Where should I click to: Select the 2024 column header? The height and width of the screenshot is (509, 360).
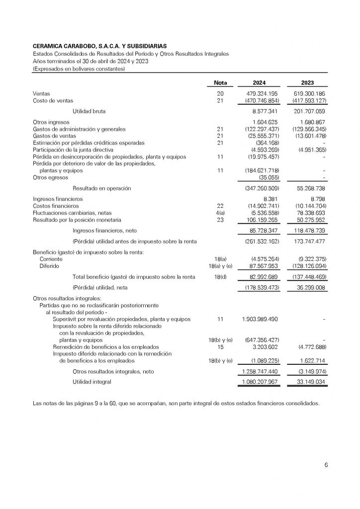[x=260, y=83]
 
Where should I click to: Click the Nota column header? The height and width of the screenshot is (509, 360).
[x=220, y=83]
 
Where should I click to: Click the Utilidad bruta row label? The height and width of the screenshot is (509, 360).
[x=89, y=111]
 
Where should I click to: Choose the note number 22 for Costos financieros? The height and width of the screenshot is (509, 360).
[x=220, y=206]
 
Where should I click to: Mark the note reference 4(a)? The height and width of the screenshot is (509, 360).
[x=220, y=213]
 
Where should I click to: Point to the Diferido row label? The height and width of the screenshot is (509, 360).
[x=49, y=265]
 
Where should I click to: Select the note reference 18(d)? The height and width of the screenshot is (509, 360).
[x=220, y=276]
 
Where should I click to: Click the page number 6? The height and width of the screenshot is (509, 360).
[x=326, y=465]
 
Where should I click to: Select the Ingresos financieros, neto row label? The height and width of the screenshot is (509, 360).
[x=104, y=231]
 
